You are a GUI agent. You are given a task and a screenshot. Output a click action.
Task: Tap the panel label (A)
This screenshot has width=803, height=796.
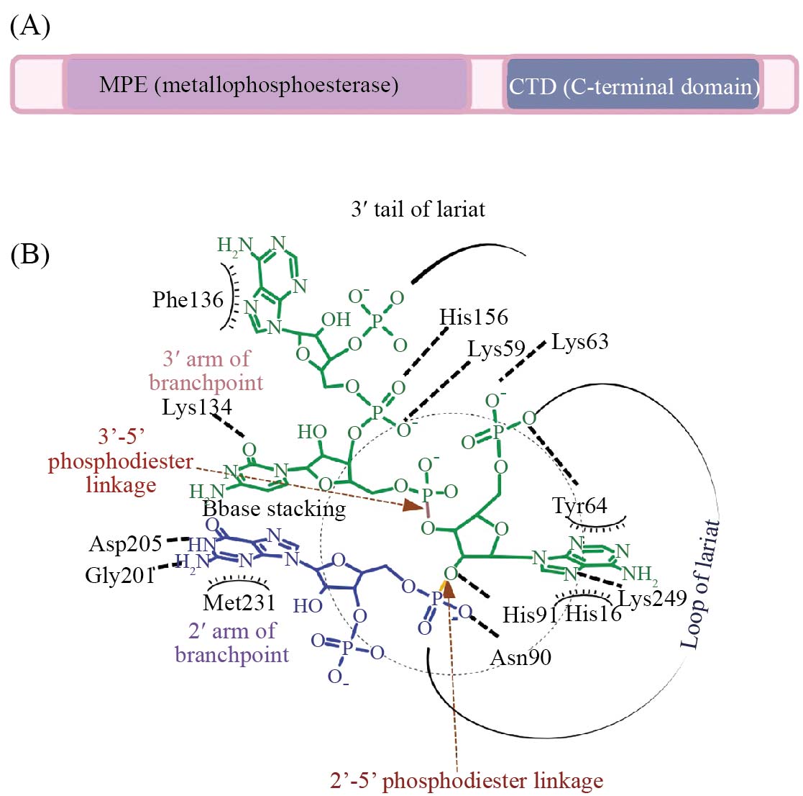pos(30,26)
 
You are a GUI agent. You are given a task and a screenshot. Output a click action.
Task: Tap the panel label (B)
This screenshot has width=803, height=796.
pos(29,254)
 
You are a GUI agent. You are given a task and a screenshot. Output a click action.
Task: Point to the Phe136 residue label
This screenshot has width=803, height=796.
pos(188,300)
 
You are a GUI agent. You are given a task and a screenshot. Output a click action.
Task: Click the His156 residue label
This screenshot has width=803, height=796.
pos(474,317)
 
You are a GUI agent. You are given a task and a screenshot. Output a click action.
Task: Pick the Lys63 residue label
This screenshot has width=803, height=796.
pos(579,342)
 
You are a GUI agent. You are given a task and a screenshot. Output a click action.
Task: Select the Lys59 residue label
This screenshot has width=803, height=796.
pos(496,350)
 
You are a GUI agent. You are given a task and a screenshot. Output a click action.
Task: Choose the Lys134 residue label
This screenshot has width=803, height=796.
pos(197,407)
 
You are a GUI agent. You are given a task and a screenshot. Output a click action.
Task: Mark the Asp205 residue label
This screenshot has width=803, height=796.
pos(126,544)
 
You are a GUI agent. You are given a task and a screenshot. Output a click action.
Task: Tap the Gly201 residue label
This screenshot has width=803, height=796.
pos(120,576)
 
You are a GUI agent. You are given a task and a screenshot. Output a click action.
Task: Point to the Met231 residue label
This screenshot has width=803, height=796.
pos(239,603)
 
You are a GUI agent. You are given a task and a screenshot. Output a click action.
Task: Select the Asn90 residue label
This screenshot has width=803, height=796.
pos(520,658)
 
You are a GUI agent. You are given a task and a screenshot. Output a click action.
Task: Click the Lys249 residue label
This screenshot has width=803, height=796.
pos(653,598)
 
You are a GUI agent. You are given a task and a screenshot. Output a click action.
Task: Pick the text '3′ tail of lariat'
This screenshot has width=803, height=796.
pos(418,209)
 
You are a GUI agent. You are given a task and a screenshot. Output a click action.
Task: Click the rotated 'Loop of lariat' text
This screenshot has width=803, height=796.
pos(699,584)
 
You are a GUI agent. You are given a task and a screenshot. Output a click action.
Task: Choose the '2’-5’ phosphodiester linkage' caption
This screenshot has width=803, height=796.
pos(467,781)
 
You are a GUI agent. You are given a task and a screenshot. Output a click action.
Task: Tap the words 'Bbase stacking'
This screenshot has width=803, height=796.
pos(274,509)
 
